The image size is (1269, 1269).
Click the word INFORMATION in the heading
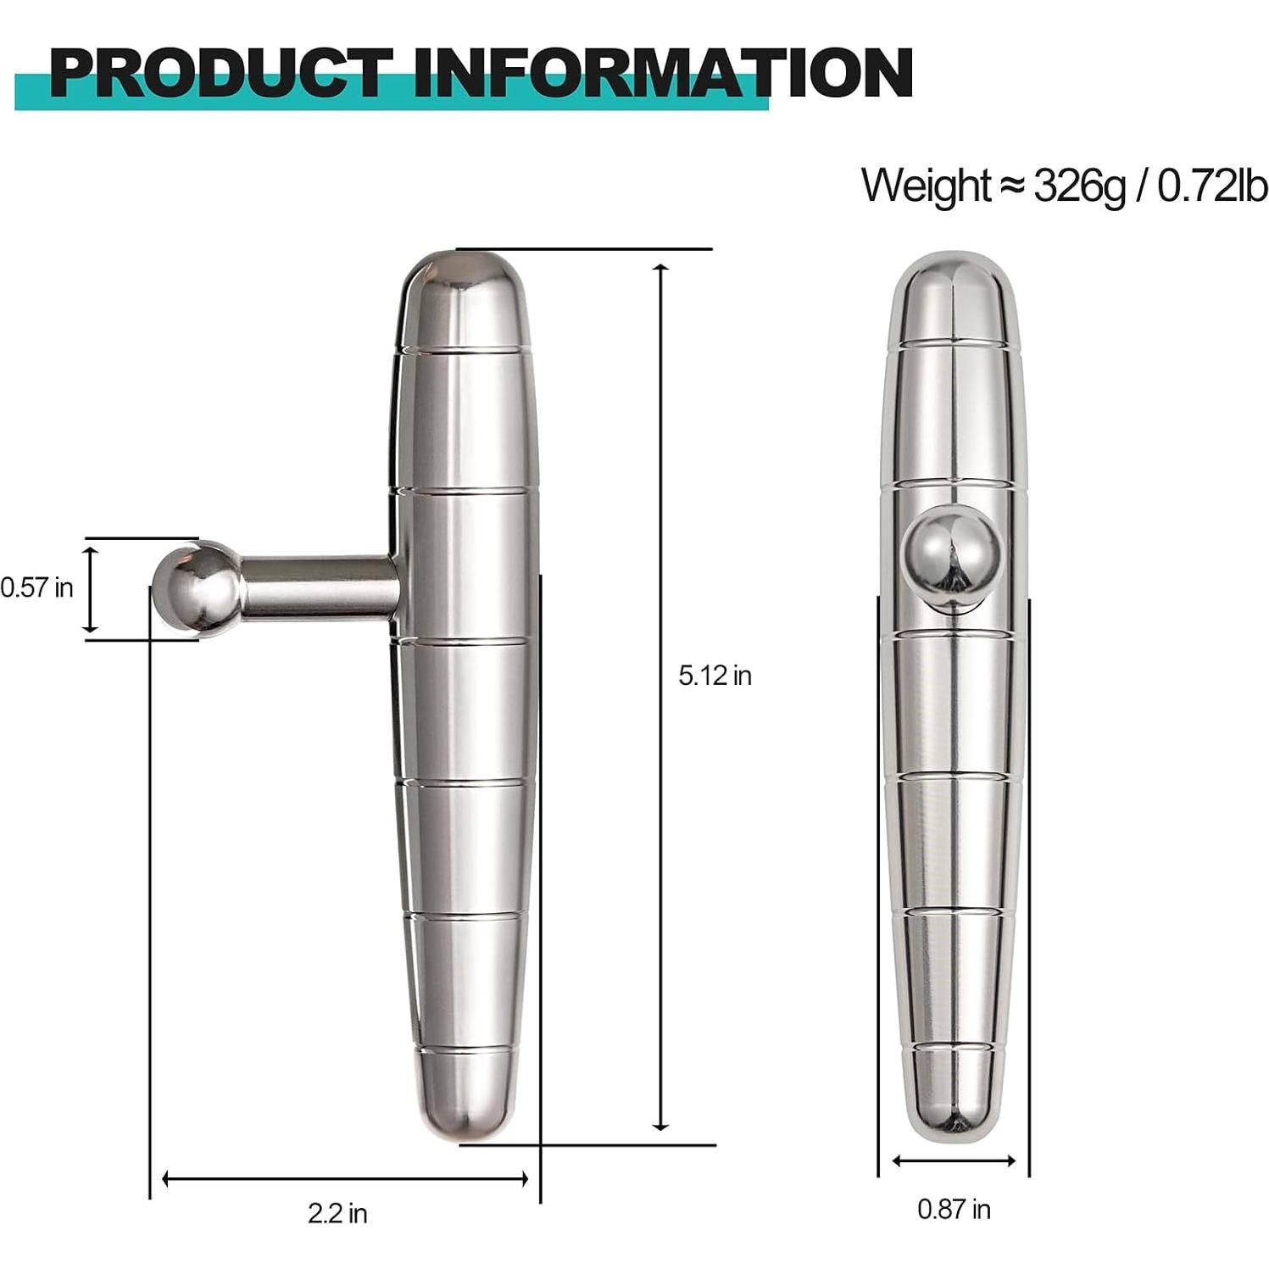pyautogui.click(x=661, y=75)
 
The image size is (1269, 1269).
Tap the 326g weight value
pyautogui.click(x=1079, y=186)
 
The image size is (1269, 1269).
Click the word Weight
pyautogui.click(x=926, y=186)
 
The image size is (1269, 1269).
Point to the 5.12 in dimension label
pyautogui.click(x=715, y=676)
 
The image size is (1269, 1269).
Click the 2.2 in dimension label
pyautogui.click(x=337, y=1214)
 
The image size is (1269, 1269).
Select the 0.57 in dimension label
pyautogui.click(x=37, y=587)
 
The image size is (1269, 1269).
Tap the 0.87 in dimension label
pyautogui.click(x=954, y=1209)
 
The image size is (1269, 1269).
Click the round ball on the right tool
pyautogui.click(x=954, y=555)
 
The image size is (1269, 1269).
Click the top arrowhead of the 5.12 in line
pyautogui.click(x=661, y=269)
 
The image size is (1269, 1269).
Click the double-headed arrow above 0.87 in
pyautogui.click(x=954, y=1160)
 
